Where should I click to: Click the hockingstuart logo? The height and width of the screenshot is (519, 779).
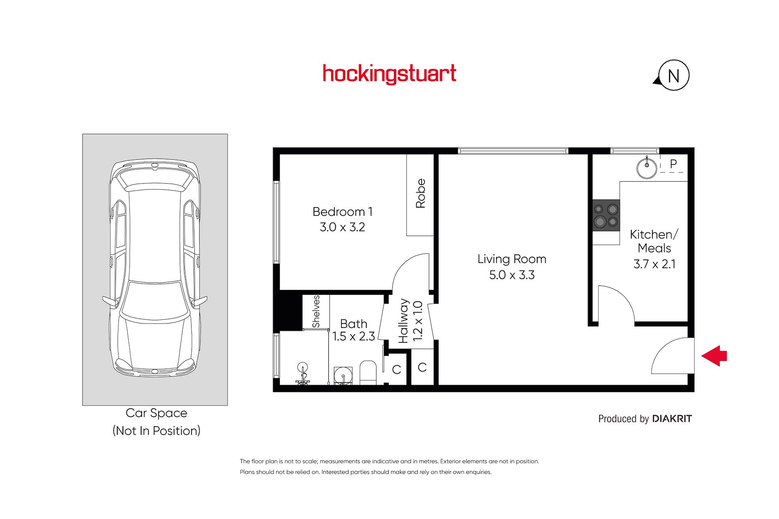389,74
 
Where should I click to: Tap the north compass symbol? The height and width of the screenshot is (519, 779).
672,75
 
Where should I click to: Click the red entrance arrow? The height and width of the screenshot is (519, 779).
714,356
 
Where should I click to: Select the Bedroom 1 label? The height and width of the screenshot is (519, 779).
342,212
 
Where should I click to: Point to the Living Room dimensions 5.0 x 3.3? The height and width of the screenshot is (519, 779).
512,275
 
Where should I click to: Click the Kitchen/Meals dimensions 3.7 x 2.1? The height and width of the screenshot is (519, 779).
654,264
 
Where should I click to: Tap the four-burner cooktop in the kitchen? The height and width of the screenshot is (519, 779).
606,215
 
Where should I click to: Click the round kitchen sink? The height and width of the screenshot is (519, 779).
647,167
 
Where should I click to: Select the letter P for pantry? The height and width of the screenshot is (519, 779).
674,164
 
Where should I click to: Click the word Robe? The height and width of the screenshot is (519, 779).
420,193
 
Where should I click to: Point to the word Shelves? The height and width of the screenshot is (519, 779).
316,311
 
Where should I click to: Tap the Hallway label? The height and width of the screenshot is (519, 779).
403,321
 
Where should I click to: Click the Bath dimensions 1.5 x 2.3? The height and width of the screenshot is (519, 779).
353,336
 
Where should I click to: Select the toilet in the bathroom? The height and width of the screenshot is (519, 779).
368,373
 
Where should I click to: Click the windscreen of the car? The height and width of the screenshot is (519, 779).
155,300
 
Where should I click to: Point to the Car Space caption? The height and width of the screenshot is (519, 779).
157,413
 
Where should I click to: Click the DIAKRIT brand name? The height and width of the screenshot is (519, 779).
672,418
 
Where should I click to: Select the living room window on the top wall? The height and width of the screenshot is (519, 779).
513,151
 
